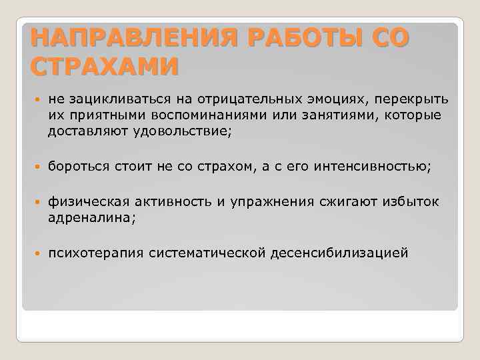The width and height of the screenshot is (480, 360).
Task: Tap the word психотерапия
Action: (x=97, y=253)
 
